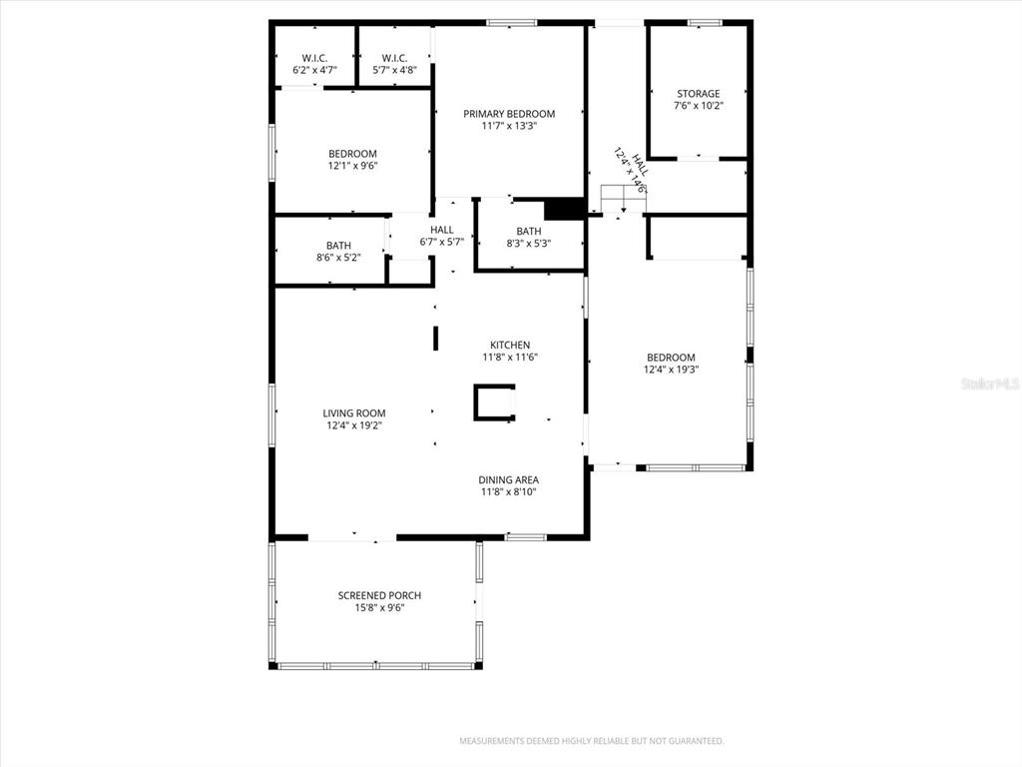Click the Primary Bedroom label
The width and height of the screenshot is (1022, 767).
(x=508, y=114)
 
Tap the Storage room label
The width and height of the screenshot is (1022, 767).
(x=698, y=94)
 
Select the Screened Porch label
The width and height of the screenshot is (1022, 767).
(x=379, y=595)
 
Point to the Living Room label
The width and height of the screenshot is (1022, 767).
(x=354, y=412)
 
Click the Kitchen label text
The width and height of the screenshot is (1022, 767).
(x=509, y=345)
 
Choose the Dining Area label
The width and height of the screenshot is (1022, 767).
(x=509, y=479)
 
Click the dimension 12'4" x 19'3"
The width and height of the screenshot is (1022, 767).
(x=670, y=370)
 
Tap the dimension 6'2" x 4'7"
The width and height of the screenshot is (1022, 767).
(x=315, y=71)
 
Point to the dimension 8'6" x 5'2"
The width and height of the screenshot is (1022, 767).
(x=338, y=258)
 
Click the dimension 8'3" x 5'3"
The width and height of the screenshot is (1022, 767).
(x=529, y=244)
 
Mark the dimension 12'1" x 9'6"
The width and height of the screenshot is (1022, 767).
(x=353, y=166)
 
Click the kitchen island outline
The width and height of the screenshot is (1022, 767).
(x=494, y=401)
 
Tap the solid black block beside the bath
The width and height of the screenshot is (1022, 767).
(x=564, y=209)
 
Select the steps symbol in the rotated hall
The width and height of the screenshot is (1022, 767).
(x=623, y=199)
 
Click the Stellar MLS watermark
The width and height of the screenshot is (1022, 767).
(x=989, y=383)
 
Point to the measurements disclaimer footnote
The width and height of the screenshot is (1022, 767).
(x=591, y=741)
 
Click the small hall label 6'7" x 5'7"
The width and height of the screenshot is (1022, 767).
(x=442, y=242)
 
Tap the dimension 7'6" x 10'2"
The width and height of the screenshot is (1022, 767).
(x=698, y=106)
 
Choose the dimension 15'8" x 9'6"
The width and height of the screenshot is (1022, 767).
(x=379, y=607)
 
